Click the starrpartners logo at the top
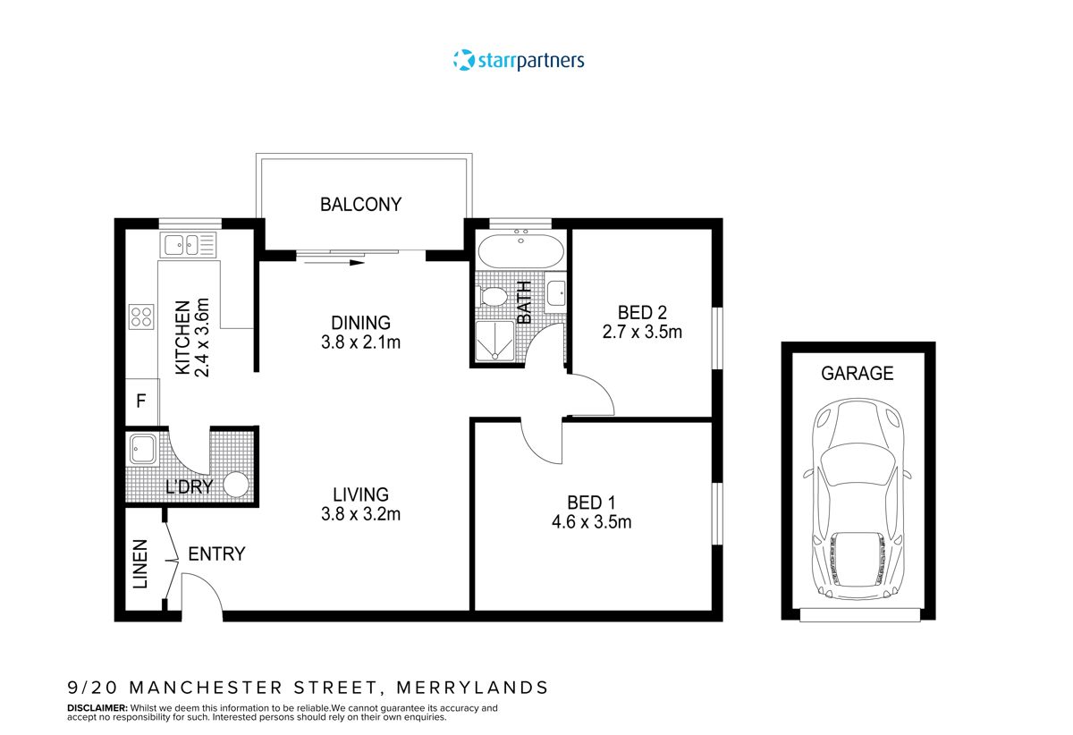(519, 61)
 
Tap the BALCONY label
(360, 204)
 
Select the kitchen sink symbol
(189, 243)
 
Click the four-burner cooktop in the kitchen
(141, 317)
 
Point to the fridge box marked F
(140, 401)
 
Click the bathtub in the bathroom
(520, 250)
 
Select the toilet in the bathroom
(493, 295)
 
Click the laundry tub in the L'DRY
(143, 449)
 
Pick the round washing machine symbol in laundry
(236, 485)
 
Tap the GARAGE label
(858, 374)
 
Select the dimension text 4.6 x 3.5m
(591, 522)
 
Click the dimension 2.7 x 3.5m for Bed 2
(642, 333)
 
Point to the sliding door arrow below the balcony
(333, 263)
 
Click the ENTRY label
(216, 554)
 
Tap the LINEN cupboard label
(140, 564)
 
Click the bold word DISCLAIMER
(97, 707)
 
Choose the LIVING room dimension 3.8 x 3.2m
(360, 514)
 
